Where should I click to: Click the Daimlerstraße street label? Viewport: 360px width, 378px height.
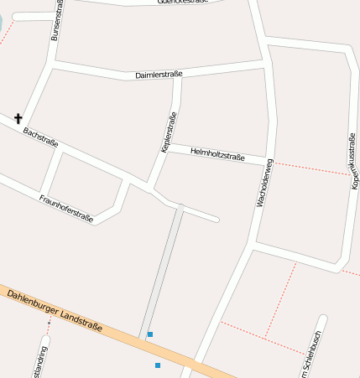click(159, 75)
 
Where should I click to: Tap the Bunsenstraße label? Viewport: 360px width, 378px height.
click(57, 25)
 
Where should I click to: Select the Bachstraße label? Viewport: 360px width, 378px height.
click(41, 137)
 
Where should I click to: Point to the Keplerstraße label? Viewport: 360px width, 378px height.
click(168, 132)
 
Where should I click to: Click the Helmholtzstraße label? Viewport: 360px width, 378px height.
click(217, 155)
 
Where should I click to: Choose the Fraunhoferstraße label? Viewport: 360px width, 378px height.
click(65, 207)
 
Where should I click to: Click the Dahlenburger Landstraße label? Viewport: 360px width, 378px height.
click(55, 310)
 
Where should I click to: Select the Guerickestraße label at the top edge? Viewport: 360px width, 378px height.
click(182, 3)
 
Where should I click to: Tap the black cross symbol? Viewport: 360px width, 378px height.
click(18, 119)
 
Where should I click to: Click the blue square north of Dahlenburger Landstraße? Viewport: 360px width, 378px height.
click(150, 334)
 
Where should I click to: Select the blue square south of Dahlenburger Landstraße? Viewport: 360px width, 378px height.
click(158, 365)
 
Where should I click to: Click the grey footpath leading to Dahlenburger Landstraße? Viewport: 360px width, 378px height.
click(162, 268)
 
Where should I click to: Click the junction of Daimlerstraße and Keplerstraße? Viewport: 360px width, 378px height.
click(179, 77)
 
